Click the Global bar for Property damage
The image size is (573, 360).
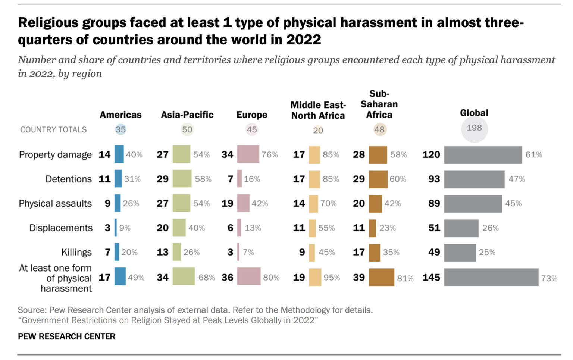(x=483, y=155)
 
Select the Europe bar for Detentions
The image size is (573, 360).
(x=239, y=179)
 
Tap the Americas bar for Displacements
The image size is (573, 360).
(x=116, y=228)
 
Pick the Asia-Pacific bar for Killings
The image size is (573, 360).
(x=177, y=252)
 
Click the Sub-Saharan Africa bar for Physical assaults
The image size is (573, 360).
(x=375, y=204)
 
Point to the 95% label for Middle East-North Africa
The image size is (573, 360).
(x=332, y=278)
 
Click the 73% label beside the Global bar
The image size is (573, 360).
(x=549, y=278)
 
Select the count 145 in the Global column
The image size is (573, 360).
(x=431, y=278)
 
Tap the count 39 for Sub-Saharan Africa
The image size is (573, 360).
(x=359, y=278)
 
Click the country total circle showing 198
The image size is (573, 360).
(x=474, y=128)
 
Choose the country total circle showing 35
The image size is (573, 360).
(x=120, y=129)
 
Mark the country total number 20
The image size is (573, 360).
(x=318, y=130)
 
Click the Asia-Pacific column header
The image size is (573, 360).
(x=187, y=115)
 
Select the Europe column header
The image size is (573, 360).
(x=252, y=115)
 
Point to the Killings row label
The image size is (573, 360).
(x=76, y=253)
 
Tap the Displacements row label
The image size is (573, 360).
(x=61, y=228)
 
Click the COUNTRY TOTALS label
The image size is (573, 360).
(x=53, y=129)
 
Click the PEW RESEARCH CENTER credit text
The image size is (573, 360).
(x=67, y=336)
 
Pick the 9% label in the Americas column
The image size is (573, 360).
(x=125, y=228)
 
